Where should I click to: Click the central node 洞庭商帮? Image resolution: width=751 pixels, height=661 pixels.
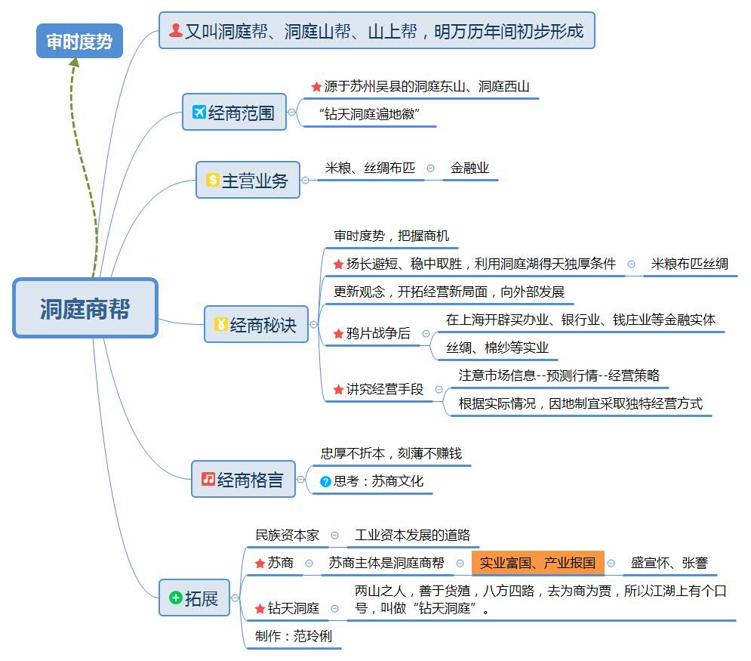[85, 308]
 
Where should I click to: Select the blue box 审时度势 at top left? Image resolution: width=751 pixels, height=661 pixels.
[79, 42]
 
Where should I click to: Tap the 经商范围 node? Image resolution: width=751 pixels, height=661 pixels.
[234, 113]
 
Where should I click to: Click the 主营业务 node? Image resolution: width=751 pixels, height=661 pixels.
[248, 181]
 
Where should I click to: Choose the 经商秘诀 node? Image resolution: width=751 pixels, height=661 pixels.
[257, 325]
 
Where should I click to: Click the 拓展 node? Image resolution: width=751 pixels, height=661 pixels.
[194, 598]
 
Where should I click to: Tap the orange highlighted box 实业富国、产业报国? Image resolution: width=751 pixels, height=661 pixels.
[537, 563]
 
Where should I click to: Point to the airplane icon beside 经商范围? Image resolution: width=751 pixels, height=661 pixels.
[199, 113]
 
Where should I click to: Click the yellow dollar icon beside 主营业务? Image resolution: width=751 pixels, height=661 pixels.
[212, 181]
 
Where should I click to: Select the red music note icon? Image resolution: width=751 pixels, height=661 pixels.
[208, 479]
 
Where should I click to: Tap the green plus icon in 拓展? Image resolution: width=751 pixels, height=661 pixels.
[175, 598]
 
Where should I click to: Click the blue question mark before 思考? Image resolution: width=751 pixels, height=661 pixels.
[326, 481]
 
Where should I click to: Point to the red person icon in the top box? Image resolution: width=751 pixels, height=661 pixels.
[175, 31]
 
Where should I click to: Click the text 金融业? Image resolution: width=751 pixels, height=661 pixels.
[469, 168]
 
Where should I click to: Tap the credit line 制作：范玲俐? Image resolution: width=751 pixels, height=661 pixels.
[293, 636]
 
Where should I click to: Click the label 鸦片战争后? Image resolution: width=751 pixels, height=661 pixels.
[378, 333]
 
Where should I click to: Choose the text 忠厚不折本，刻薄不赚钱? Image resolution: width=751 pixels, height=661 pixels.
[391, 454]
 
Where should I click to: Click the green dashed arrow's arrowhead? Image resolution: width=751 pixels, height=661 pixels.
[74, 63]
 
